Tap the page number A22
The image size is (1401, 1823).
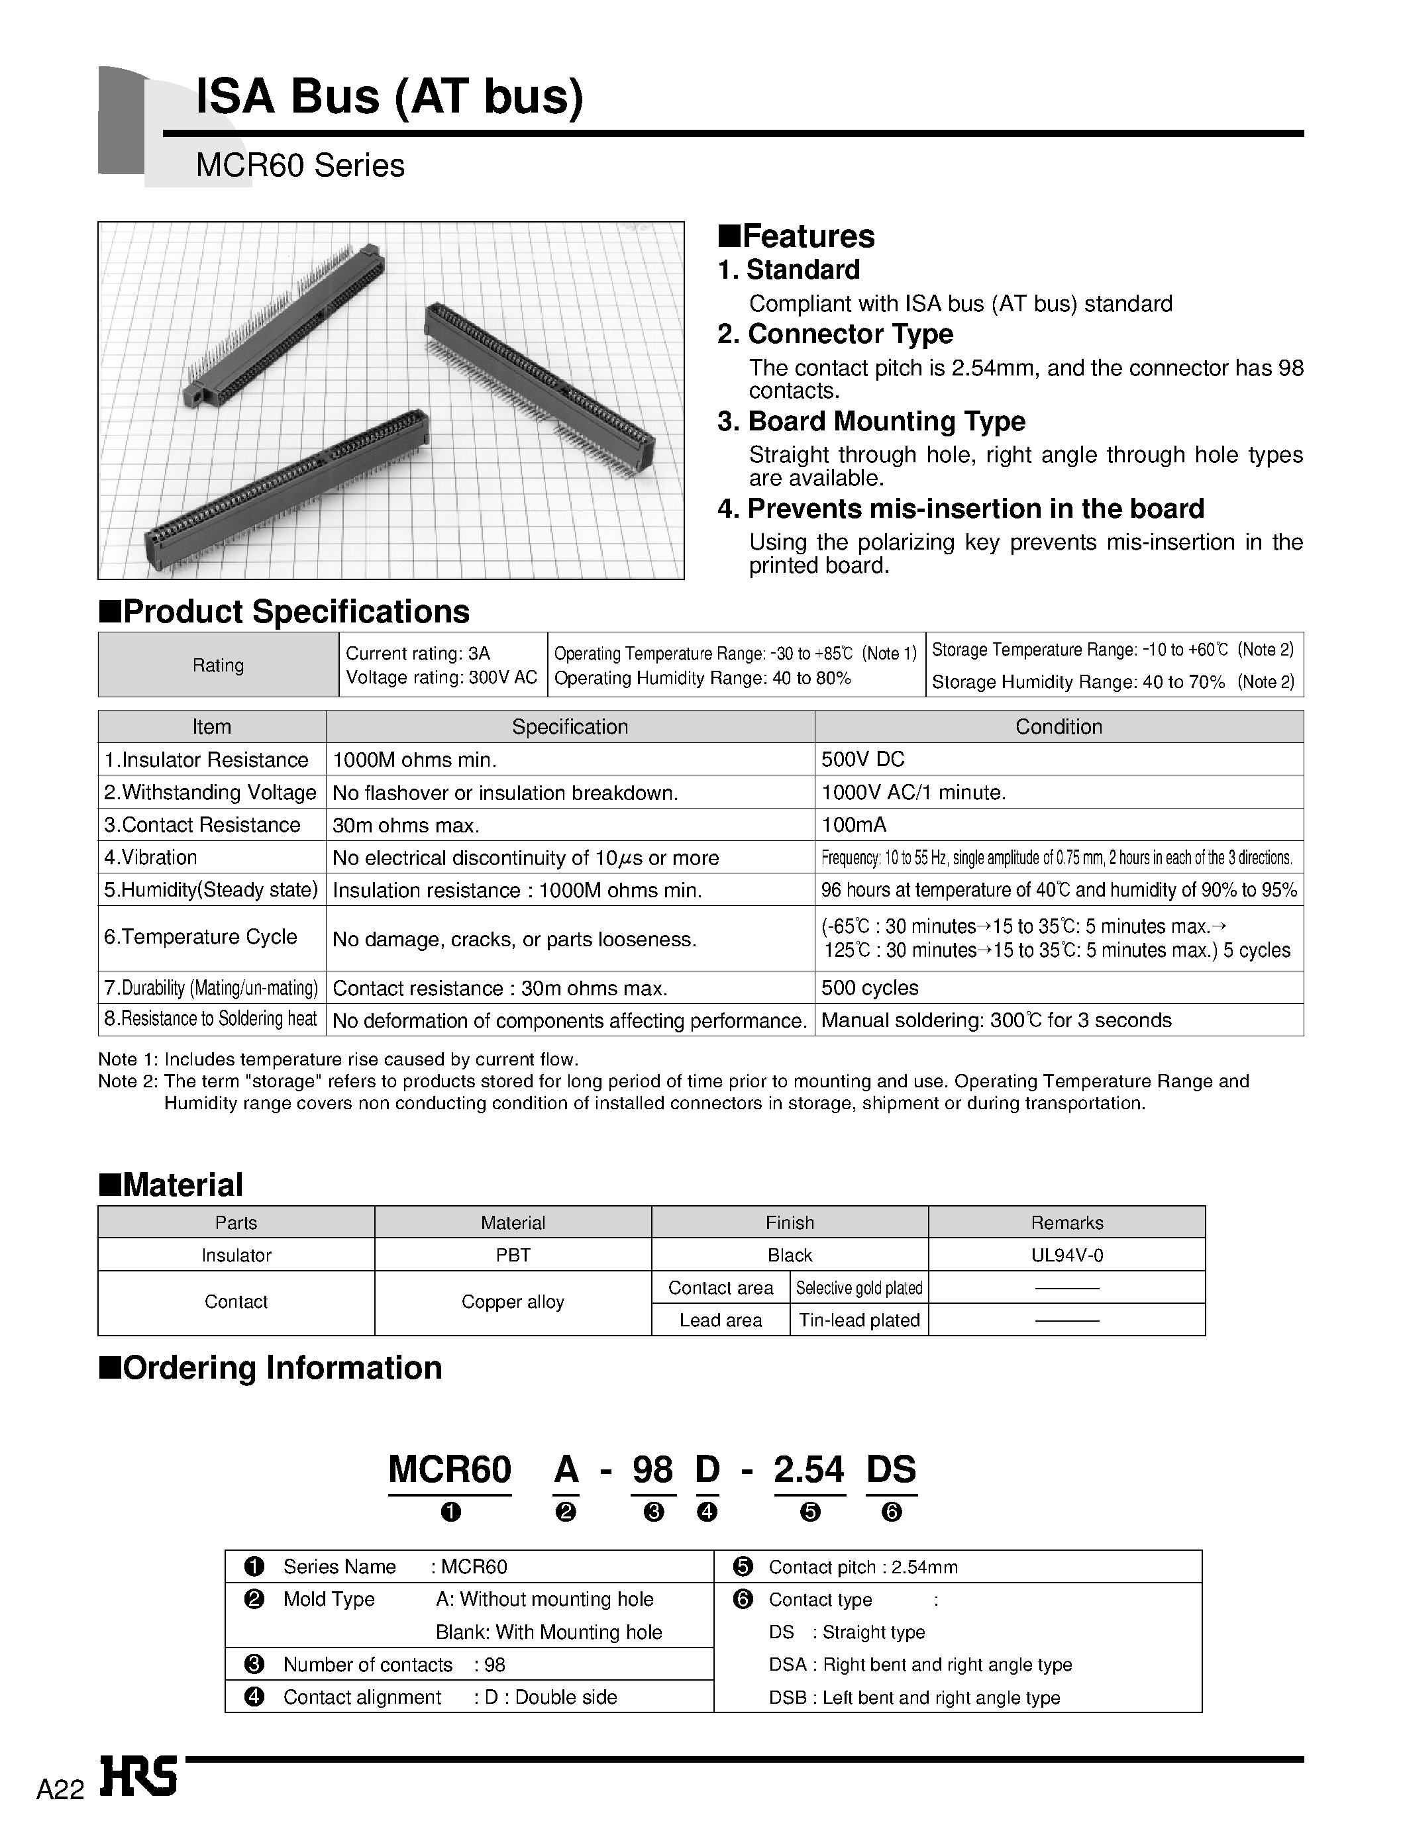[x=60, y=1791]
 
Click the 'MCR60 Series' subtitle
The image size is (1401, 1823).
[x=299, y=166]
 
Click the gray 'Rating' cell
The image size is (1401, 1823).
[x=218, y=665]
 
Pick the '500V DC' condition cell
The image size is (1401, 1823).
[x=862, y=760]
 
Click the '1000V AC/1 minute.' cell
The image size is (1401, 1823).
[x=913, y=792]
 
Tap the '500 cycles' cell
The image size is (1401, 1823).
[x=869, y=988]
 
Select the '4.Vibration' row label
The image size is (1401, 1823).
[x=150, y=857]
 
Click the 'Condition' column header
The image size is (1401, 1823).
[x=1059, y=727]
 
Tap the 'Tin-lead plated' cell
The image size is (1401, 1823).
[x=859, y=1320]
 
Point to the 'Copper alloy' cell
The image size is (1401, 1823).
[x=512, y=1302]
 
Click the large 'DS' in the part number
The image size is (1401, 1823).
[x=891, y=1469]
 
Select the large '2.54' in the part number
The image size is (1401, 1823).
[x=808, y=1469]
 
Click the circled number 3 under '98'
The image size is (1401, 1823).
[x=654, y=1512]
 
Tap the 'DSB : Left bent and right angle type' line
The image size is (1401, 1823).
[x=914, y=1698]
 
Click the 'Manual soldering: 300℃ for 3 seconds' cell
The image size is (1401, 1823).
[x=996, y=1020]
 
